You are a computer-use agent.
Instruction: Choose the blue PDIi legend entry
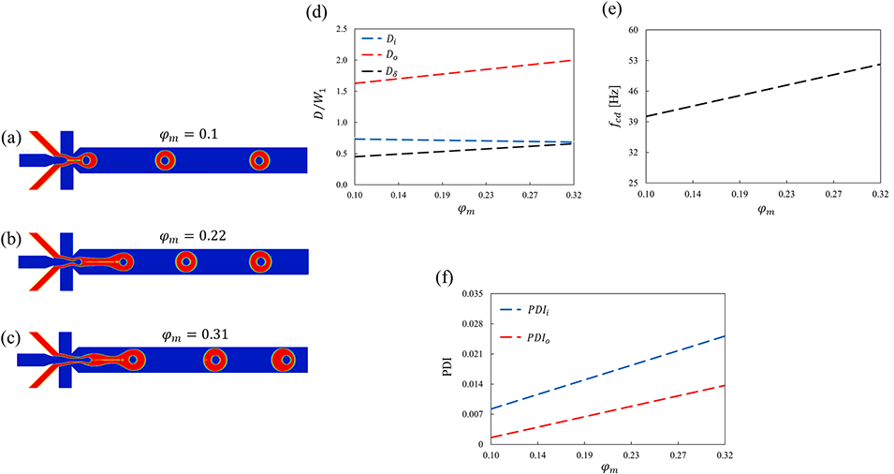tap(531, 308)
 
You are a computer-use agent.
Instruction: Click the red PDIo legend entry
tap(531, 334)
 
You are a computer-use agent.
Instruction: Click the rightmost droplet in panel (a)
tap(258, 161)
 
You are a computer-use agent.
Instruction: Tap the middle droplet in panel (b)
tap(187, 261)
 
